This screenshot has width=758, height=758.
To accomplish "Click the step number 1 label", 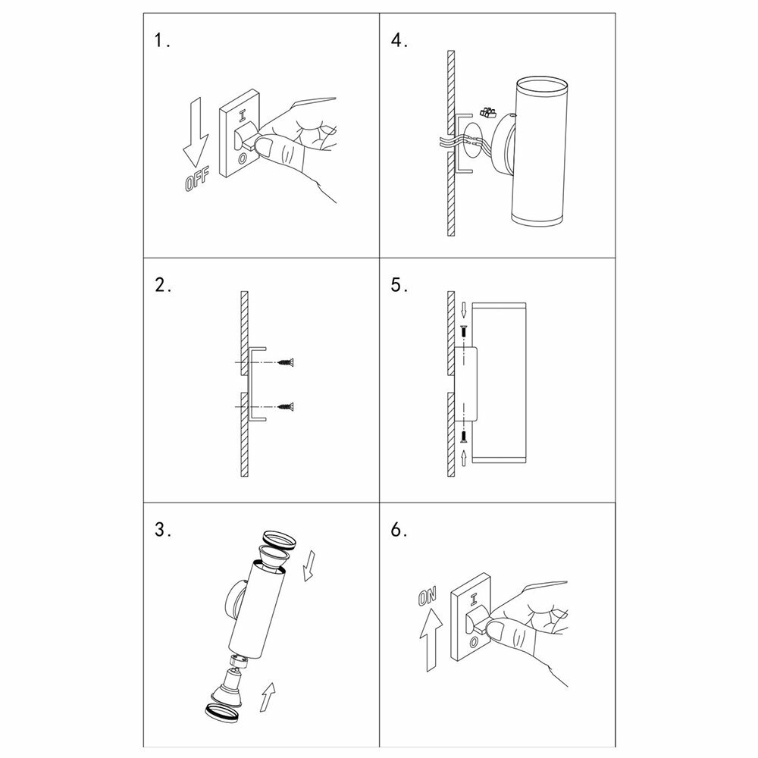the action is tap(162, 40).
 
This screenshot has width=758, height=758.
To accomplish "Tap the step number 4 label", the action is tap(399, 40).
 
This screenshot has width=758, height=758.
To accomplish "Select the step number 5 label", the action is tap(399, 285).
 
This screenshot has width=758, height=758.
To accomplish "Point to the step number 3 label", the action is tap(163, 530).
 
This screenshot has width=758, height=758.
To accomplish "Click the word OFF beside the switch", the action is tap(197, 177).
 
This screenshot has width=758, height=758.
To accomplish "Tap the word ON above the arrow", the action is tap(428, 597).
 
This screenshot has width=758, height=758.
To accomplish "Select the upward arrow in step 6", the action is tap(431, 639).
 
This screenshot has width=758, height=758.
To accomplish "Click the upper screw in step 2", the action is tap(286, 362).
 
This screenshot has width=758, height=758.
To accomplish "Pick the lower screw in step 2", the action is tap(286, 406).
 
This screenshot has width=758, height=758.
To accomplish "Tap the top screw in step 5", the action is tap(464, 333).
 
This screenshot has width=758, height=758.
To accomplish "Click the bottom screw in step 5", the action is tap(464, 437).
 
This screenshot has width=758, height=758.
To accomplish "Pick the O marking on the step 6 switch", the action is tap(475, 641).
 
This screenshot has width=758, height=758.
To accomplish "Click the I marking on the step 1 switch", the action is tap(243, 117).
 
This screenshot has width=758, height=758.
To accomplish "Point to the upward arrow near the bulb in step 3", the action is tap(268, 697).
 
